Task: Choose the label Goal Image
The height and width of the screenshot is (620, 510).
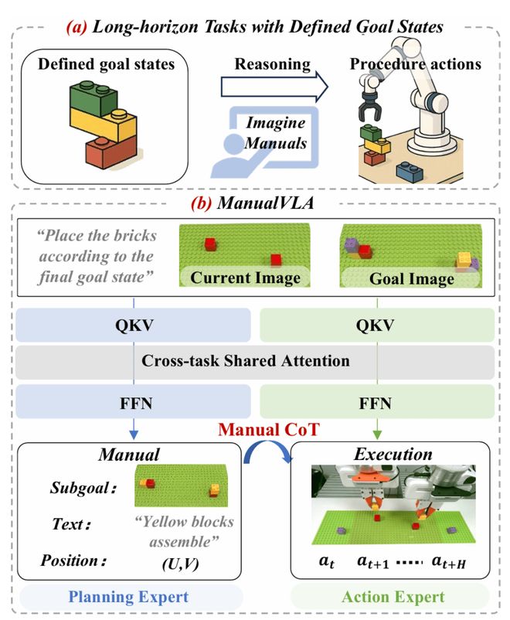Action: pos(410,278)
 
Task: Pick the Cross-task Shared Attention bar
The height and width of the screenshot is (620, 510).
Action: pos(254,361)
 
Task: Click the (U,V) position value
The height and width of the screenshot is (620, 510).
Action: pos(179,565)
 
